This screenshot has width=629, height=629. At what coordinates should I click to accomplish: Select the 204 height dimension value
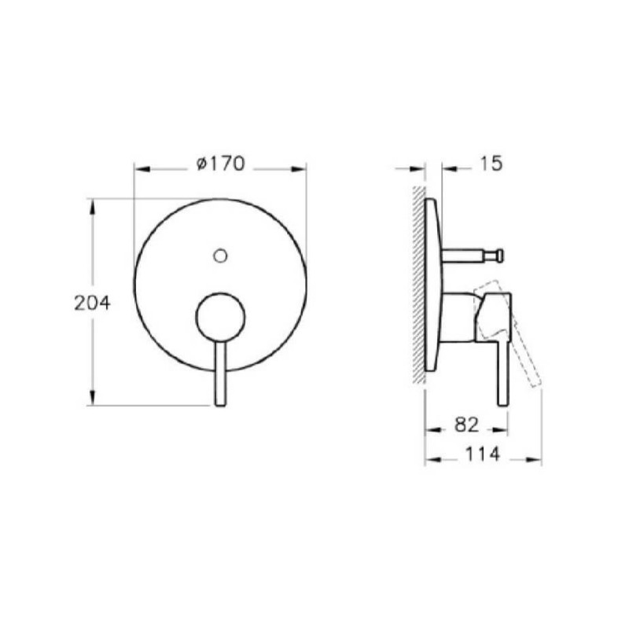point(92,303)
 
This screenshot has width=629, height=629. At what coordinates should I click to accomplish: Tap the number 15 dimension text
point(490,164)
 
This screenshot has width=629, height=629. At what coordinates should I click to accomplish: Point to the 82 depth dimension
point(466,425)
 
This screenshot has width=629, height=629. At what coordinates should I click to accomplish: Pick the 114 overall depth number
point(483,454)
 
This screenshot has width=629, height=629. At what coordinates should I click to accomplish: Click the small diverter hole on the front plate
point(221,256)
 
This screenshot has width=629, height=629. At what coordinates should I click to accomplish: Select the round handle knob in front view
point(220,318)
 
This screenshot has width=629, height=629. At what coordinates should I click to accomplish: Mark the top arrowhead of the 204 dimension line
point(93,204)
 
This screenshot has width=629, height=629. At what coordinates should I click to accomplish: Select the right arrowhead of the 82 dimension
point(503,429)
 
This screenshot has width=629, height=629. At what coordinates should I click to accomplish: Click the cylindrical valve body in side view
point(458,317)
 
